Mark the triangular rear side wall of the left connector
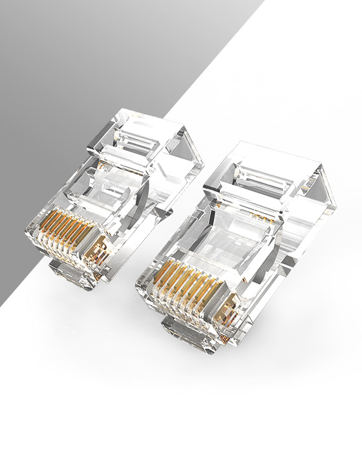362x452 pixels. pos(187,155)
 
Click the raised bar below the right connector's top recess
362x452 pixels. pos(249,197)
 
